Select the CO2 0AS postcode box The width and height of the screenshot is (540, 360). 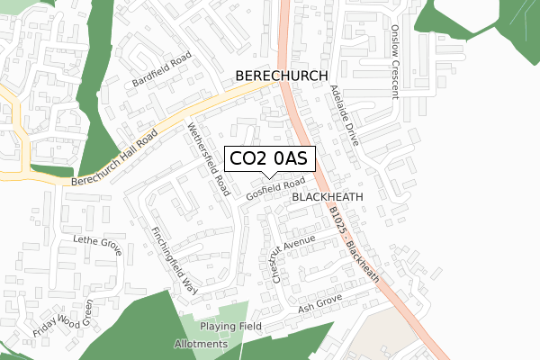click(x=268, y=158)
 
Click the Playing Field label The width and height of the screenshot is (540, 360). click(x=230, y=326)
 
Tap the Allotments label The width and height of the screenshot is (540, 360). click(x=202, y=345)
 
